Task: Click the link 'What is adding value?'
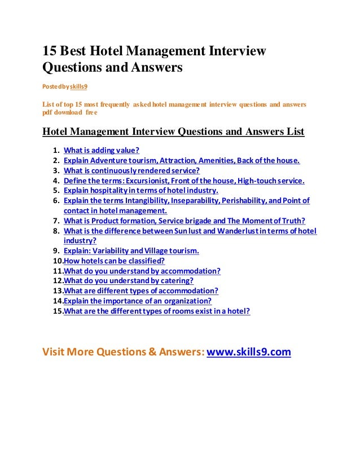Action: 102,151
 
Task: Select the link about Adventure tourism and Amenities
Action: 182,161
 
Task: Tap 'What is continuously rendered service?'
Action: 131,170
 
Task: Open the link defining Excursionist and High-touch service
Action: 184,181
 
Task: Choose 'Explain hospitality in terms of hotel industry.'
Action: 141,191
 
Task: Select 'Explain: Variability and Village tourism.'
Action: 131,250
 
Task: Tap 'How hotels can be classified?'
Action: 115,261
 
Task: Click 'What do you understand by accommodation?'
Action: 142,271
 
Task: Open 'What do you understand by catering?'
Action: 129,280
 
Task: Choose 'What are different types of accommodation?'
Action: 141,291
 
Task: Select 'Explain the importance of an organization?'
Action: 138,301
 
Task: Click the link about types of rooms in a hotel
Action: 157,311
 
